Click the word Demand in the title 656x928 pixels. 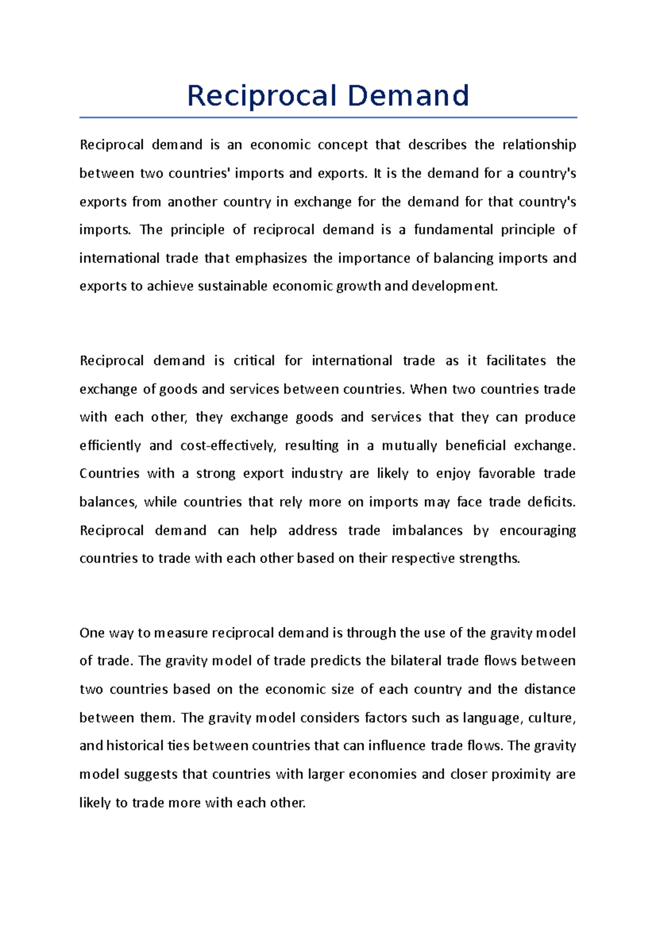coord(408,96)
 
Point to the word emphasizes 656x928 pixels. coord(271,258)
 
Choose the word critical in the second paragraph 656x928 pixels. coord(254,361)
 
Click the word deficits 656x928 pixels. coord(552,502)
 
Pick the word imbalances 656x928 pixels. coord(427,531)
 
